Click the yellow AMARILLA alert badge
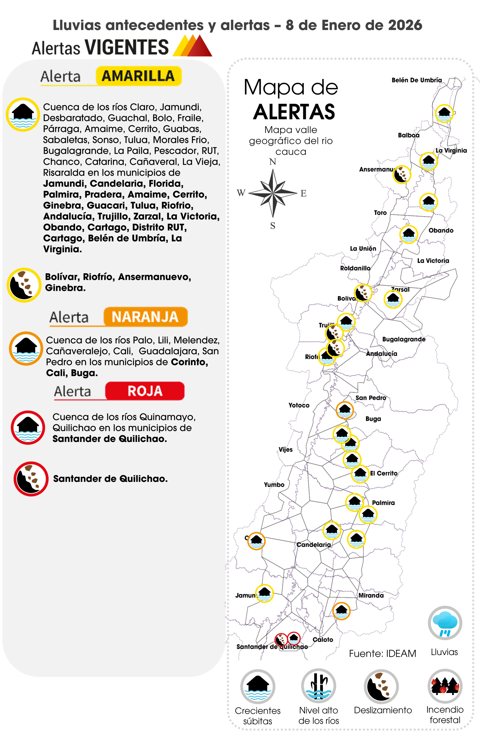coord(138,76)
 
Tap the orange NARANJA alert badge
coord(145,317)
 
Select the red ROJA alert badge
coord(145,391)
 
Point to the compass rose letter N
coord(272,161)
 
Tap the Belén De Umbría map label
coord(416,80)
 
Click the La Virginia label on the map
coord(451,150)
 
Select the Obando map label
coord(440,230)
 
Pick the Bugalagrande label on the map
coord(403,339)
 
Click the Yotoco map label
coord(299,405)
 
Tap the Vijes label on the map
coord(285,450)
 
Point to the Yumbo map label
coord(274,485)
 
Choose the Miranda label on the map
coord(371,595)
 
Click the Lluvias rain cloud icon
coord(445,623)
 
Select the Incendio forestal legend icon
coord(445,686)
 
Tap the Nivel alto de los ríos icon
coord(318,686)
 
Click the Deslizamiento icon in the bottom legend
coord(381,686)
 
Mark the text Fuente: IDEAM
coord(382,653)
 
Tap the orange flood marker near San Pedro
coord(344,410)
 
